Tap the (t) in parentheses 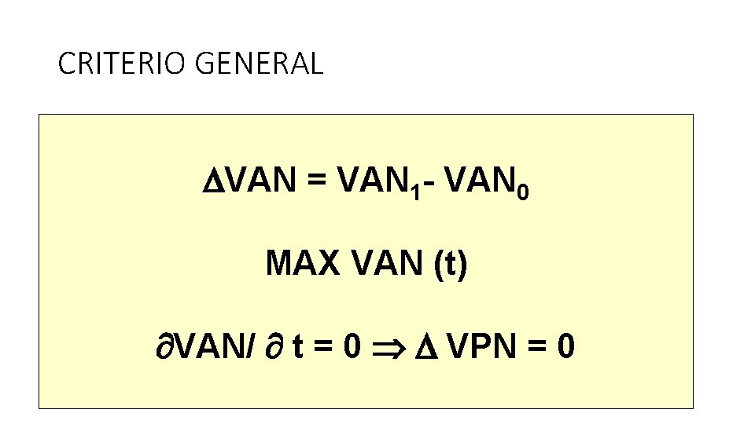click(448, 265)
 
